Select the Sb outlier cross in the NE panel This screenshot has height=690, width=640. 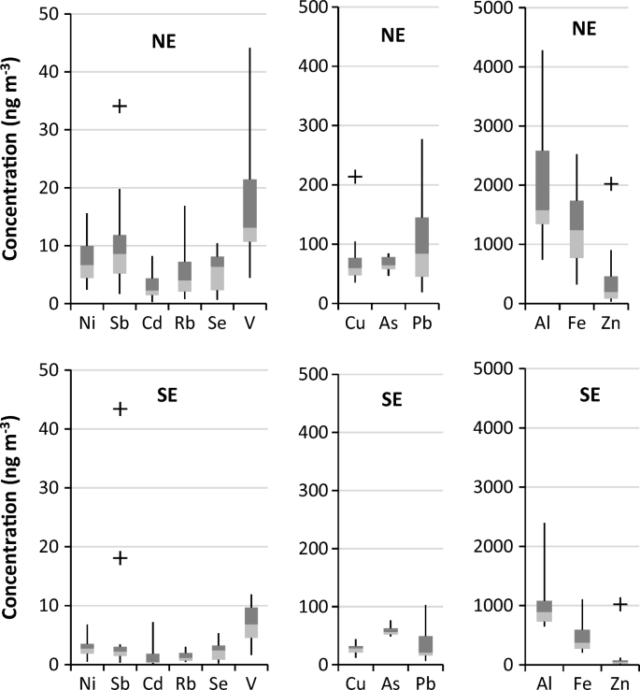[x=120, y=106]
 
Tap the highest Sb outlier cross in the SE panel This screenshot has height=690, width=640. [x=120, y=409]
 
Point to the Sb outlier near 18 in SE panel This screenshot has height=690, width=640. [x=120, y=557]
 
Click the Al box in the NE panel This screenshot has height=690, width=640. [x=543, y=187]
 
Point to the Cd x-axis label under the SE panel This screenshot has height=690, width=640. [x=152, y=683]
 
